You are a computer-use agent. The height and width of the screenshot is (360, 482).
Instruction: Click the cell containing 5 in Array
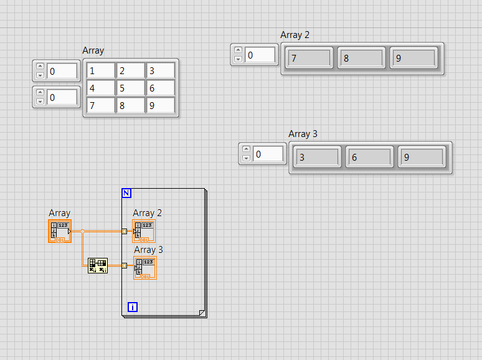[130, 88]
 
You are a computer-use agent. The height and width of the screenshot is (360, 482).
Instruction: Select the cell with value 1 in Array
[100, 71]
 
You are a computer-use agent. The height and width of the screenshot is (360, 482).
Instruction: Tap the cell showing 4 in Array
[100, 88]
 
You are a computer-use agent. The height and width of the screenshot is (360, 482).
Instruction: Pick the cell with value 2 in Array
[130, 71]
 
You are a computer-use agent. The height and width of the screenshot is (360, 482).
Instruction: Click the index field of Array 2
[260, 55]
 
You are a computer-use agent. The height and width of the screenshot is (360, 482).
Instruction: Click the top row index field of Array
[62, 71]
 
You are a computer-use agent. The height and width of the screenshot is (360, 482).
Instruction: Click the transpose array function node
[98, 266]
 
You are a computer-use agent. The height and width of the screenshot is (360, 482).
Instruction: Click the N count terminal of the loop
[126, 193]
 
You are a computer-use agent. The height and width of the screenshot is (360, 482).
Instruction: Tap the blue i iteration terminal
[132, 306]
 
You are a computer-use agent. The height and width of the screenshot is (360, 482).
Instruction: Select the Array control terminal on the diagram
[60, 231]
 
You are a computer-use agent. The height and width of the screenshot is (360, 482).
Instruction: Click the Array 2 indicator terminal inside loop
[144, 231]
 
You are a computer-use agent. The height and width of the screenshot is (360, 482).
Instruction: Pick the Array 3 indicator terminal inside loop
[144, 268]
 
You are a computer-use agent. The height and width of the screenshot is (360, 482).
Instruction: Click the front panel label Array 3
[303, 134]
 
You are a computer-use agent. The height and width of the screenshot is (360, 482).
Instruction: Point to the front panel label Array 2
[295, 35]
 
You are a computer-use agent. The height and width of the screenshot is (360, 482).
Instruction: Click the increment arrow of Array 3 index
[246, 149]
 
